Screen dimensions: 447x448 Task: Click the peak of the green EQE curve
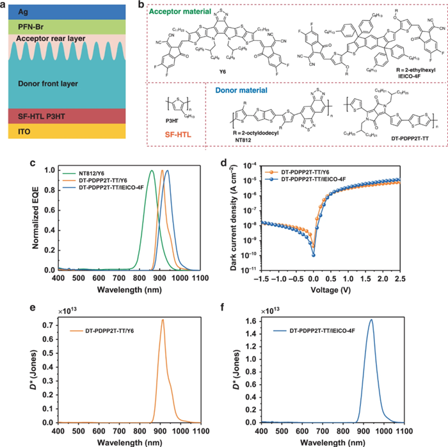[x=152, y=171]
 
